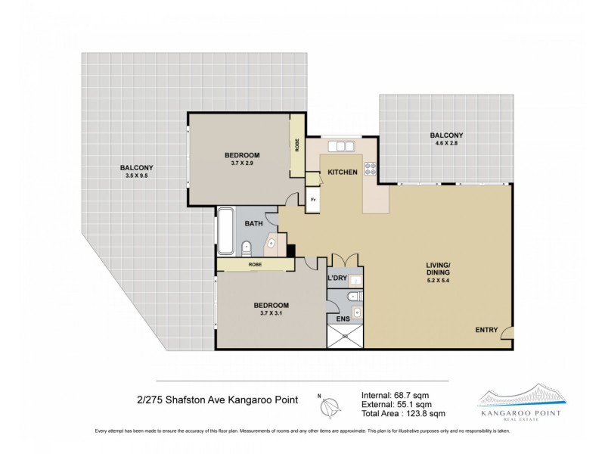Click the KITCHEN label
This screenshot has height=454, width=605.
[342, 173]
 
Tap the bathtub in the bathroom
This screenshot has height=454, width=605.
[226, 232]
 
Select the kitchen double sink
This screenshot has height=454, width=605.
[342, 146]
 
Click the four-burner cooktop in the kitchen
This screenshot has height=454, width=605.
[371, 170]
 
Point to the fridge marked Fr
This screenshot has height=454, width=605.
[313, 200]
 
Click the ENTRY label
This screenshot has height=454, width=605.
[486, 330]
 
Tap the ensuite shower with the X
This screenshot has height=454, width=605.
[346, 336]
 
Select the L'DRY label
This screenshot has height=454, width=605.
[337, 279]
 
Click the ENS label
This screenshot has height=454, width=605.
[343, 319]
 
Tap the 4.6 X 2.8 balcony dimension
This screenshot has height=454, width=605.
[448, 144]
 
